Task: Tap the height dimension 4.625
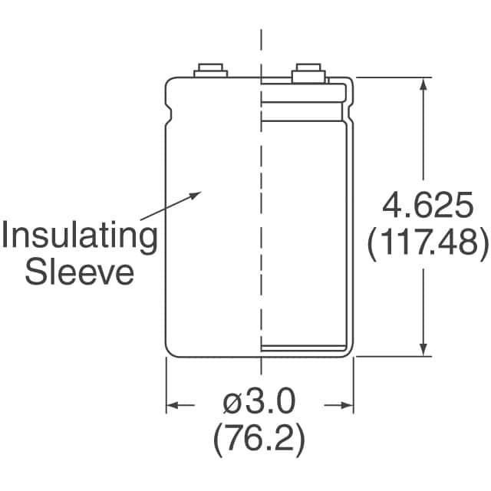(x=428, y=205)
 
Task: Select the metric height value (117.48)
(x=428, y=242)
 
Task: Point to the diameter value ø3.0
(x=259, y=401)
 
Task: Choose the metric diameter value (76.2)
(x=259, y=437)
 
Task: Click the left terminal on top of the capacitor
(x=210, y=71)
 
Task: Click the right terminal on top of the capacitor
(x=308, y=74)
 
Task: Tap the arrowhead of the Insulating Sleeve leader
(x=194, y=196)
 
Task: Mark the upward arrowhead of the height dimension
(x=423, y=84)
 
